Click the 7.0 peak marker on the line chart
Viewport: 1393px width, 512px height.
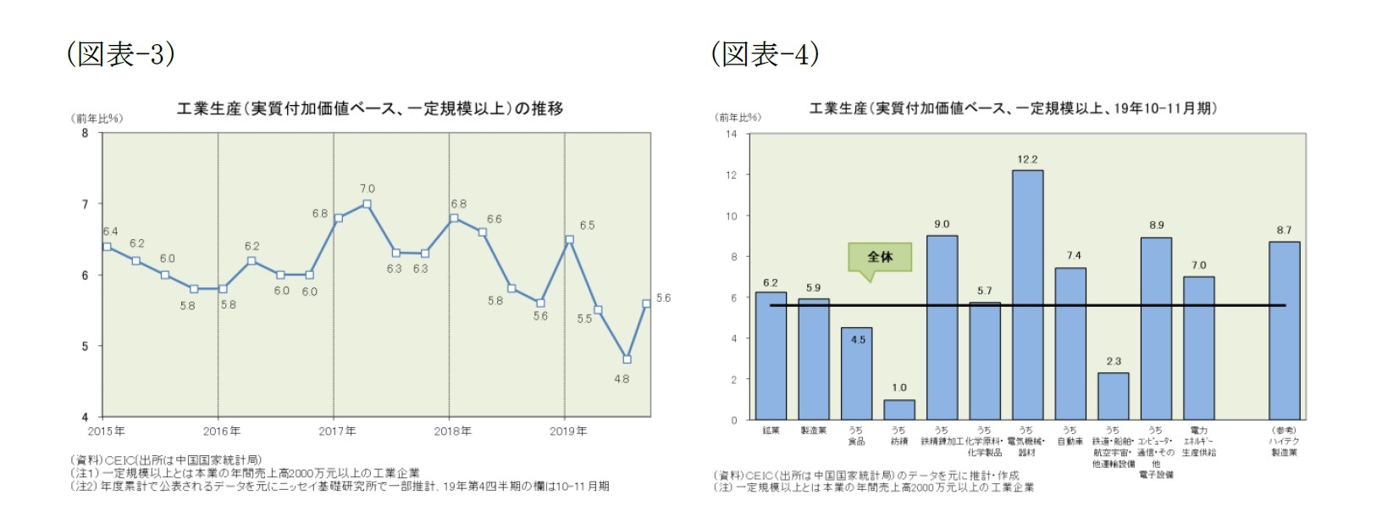point(367,204)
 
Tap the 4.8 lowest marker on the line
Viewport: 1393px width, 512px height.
point(627,359)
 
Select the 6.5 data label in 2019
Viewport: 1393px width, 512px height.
point(587,225)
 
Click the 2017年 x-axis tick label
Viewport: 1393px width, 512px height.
point(337,431)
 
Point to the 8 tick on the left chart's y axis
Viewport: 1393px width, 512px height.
point(85,133)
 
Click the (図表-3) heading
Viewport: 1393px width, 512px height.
point(120,54)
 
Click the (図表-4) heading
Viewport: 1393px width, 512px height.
point(765,54)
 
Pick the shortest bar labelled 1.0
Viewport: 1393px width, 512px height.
point(899,410)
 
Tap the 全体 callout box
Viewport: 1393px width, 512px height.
point(880,257)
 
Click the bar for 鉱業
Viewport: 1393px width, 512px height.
point(771,356)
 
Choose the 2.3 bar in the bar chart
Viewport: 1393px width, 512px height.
point(1113,396)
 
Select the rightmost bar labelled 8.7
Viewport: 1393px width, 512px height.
point(1284,331)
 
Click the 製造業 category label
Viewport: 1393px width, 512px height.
point(813,431)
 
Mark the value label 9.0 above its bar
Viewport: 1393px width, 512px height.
point(942,225)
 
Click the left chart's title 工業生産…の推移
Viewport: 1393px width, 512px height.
point(369,109)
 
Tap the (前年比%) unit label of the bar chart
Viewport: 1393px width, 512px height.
point(738,118)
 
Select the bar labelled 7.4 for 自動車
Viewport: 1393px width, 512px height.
point(1070,343)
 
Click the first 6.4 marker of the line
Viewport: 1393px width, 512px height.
point(107,247)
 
